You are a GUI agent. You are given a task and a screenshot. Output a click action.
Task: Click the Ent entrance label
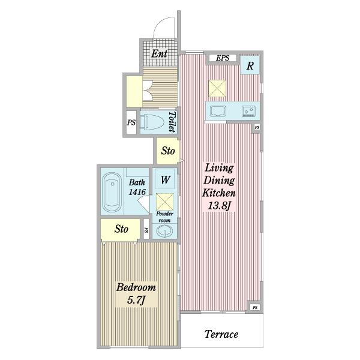[x=159, y=54]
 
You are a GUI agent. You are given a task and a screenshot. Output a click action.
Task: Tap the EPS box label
[x=223, y=58]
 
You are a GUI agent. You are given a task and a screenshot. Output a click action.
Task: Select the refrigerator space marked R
[x=250, y=65]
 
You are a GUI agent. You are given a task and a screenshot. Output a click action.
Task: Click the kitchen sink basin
[x=218, y=112]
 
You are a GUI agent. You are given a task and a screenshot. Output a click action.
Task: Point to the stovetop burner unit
[x=248, y=111]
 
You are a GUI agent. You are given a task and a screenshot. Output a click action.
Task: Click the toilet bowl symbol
[x=152, y=122]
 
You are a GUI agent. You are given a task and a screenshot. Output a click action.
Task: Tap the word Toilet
[x=172, y=122]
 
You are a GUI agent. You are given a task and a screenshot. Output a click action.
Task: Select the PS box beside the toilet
[x=131, y=122]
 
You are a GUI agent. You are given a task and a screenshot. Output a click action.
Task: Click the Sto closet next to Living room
[x=167, y=151]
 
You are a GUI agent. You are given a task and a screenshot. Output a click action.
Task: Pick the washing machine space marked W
[x=165, y=180]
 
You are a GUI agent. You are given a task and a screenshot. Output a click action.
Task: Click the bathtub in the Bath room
[x=112, y=192]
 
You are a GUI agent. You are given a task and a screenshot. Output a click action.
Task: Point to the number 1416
[x=137, y=192]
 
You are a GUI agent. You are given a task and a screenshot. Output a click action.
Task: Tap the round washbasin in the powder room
[x=164, y=231]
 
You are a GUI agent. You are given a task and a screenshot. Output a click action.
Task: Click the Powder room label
[x=164, y=217]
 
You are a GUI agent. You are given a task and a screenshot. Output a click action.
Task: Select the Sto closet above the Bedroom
[x=121, y=229]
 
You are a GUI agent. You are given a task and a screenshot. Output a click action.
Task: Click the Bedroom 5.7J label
[x=136, y=294]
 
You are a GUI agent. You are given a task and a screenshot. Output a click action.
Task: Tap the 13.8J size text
[x=219, y=206]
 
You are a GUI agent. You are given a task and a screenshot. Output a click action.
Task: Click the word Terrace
[x=221, y=334]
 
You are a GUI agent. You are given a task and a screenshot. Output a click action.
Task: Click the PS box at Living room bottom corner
[x=255, y=307]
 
